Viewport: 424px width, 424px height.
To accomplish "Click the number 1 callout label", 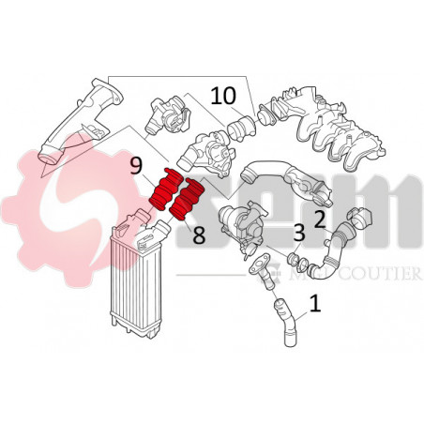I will (315, 304).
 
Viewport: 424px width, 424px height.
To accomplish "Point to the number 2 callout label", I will (319, 220).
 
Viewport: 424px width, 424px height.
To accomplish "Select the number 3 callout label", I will (298, 233).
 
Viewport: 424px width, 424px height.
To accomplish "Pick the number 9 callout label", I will (136, 167).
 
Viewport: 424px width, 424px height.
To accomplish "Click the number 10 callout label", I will (223, 95).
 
